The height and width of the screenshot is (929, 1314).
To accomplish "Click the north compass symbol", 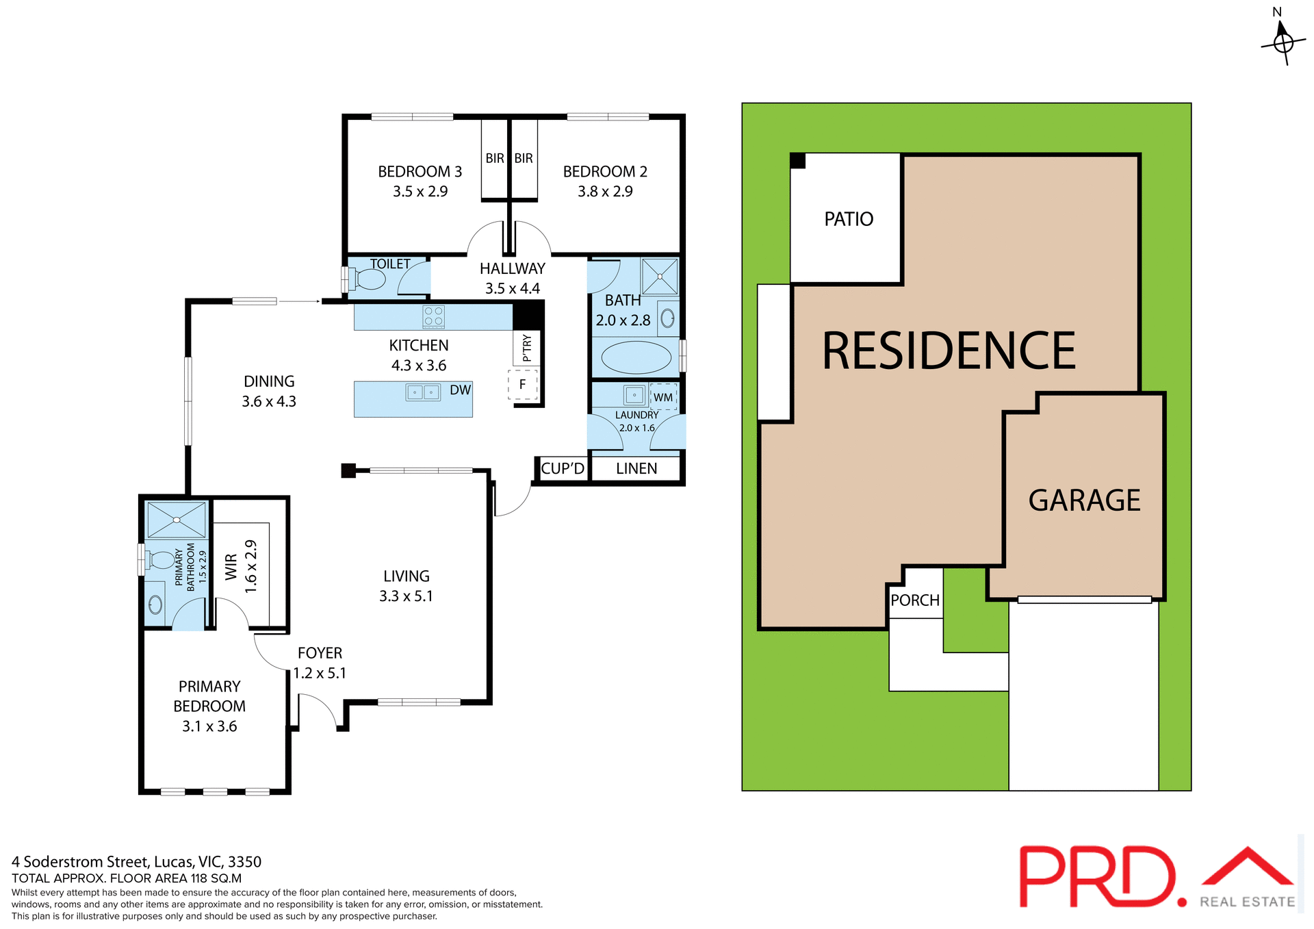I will pyautogui.click(x=1283, y=42).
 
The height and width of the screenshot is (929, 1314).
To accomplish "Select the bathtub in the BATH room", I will pyautogui.click(x=636, y=357).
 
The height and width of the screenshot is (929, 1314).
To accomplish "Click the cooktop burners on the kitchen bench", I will pyautogui.click(x=434, y=316).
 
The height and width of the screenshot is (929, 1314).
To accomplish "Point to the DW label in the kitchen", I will pyautogui.click(x=460, y=390).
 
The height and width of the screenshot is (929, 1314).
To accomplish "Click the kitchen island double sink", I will pyautogui.click(x=423, y=392).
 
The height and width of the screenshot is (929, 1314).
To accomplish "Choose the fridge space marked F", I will pyautogui.click(x=523, y=385).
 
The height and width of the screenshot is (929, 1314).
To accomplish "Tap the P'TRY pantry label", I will pyautogui.click(x=526, y=348).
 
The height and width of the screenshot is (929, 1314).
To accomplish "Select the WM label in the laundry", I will pyautogui.click(x=662, y=398).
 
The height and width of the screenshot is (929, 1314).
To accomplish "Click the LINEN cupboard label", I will pyautogui.click(x=636, y=469).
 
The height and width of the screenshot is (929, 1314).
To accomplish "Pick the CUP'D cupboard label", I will pyautogui.click(x=563, y=469).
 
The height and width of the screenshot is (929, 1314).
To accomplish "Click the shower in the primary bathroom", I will pyautogui.click(x=177, y=520).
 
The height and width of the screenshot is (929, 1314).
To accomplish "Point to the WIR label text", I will pyautogui.click(x=231, y=567).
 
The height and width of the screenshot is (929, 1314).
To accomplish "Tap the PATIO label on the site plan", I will pyautogui.click(x=849, y=219).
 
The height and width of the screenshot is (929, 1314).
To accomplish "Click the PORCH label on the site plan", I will pyautogui.click(x=915, y=600).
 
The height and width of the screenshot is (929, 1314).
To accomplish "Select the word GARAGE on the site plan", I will pyautogui.click(x=1084, y=500).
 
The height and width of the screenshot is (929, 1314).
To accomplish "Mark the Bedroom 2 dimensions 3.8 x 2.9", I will pyautogui.click(x=605, y=192).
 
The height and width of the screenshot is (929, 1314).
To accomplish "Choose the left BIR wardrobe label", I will pyautogui.click(x=495, y=159).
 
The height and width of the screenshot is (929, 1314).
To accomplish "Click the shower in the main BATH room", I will pyautogui.click(x=660, y=277).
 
